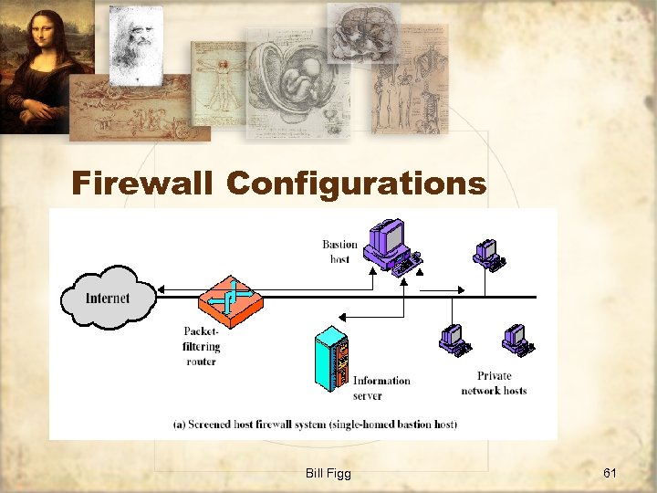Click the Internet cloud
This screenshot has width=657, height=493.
click(108, 297)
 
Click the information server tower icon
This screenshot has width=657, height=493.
click(331, 361)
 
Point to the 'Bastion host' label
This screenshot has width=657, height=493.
click(340, 251)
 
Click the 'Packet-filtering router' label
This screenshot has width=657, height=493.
click(201, 346)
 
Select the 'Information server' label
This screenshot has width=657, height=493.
click(381, 388)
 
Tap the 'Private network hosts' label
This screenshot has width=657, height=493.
click(494, 383)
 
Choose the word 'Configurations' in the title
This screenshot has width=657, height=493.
click(356, 184)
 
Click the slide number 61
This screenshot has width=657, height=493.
click(610, 472)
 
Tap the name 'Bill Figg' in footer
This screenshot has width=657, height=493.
click(328, 472)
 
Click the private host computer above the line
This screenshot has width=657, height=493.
click(490, 255)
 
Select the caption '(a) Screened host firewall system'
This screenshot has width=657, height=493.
click(315, 424)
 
